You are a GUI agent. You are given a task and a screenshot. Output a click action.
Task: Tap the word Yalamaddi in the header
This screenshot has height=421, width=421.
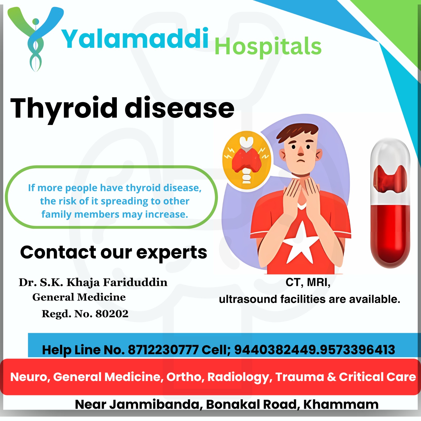click(x=135, y=39)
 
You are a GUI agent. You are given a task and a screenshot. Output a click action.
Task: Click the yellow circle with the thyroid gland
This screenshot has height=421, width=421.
click(x=246, y=161)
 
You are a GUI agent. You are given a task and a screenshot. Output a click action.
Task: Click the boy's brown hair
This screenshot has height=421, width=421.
click(x=297, y=132)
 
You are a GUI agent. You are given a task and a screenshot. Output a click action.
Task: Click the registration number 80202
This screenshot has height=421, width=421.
click(x=112, y=314)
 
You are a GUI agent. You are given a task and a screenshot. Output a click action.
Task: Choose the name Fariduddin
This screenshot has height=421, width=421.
click(x=135, y=282)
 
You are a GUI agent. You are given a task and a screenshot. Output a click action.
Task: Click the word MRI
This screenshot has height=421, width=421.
click(x=319, y=283)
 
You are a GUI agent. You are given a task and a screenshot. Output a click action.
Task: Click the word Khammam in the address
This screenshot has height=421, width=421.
click(x=341, y=404)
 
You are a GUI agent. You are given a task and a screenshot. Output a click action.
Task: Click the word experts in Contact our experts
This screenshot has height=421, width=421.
click(x=172, y=253)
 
